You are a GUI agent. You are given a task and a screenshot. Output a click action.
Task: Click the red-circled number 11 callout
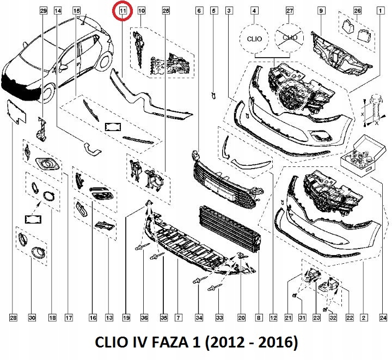coord(122,11)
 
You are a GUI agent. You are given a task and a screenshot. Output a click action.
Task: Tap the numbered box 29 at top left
coord(44,11)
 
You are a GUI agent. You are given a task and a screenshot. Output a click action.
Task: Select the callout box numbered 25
coord(166,11)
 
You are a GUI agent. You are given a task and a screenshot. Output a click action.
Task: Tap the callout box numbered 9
coord(321,11)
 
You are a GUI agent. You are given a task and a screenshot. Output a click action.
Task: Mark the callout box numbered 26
coord(357,11)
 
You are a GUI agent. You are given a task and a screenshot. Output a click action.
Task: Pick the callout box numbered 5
coord(213,11)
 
